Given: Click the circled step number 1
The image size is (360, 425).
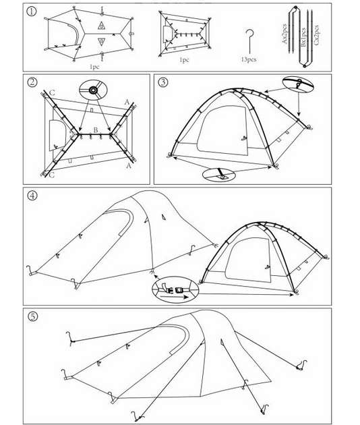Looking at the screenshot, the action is (x=32, y=11).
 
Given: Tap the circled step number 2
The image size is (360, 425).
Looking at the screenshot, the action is (x=32, y=82).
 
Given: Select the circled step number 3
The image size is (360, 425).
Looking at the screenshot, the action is (x=163, y=82).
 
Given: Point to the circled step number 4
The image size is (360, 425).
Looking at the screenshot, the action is (x=32, y=196).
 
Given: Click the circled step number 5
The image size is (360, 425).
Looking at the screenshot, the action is (x=33, y=316).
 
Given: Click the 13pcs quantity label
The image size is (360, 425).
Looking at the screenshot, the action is (x=249, y=59).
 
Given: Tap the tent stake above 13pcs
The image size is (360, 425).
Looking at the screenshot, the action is (x=249, y=41).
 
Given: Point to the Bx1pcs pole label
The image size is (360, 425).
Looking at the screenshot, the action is (x=303, y=37).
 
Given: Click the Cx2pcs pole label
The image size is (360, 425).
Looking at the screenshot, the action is (x=316, y=34).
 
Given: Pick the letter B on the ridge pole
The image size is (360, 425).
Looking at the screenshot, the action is (x=96, y=130).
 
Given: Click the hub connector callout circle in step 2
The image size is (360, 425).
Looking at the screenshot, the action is (x=93, y=90).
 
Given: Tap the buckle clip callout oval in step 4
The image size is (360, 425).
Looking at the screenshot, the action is (x=175, y=290).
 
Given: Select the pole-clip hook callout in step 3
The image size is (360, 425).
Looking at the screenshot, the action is (x=298, y=83).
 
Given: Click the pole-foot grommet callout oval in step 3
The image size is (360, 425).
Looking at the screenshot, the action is (x=219, y=175).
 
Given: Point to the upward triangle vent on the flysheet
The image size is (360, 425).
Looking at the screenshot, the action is (x=101, y=26).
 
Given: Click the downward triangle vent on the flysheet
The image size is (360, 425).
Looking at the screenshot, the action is (x=101, y=41).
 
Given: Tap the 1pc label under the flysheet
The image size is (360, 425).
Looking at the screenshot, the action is (x=94, y=67).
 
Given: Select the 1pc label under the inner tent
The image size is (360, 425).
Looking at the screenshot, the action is (x=185, y=60).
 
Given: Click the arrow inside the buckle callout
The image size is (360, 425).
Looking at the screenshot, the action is (x=174, y=297).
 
